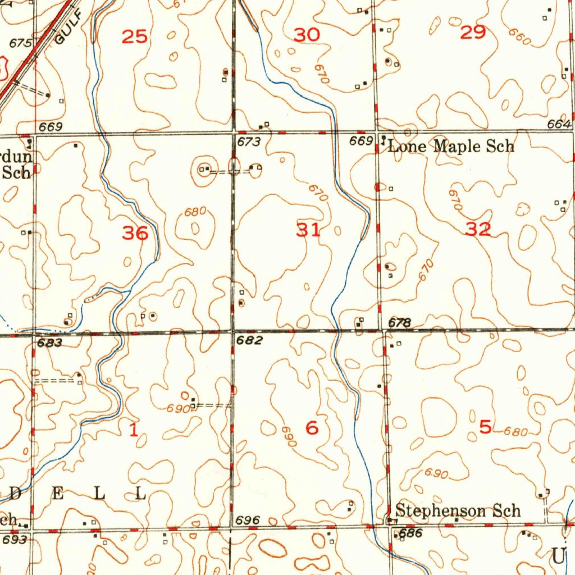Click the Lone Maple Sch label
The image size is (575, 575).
(x=451, y=147)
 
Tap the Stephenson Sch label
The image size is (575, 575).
(x=458, y=510)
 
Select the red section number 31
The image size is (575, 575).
(x=309, y=229)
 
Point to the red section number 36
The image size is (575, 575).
(x=135, y=232)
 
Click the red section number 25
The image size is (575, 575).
(x=135, y=37)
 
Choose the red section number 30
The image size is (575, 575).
(x=307, y=35)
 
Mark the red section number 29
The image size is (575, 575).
(x=472, y=33)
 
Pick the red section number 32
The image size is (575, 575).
(x=478, y=229)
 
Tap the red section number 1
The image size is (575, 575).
(x=133, y=431)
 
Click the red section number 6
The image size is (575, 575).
(x=312, y=428)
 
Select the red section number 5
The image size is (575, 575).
(x=485, y=427)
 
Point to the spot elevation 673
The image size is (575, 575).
(x=249, y=142)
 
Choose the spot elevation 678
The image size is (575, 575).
(x=400, y=322)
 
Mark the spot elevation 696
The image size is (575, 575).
(x=248, y=521)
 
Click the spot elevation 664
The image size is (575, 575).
(x=559, y=124)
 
